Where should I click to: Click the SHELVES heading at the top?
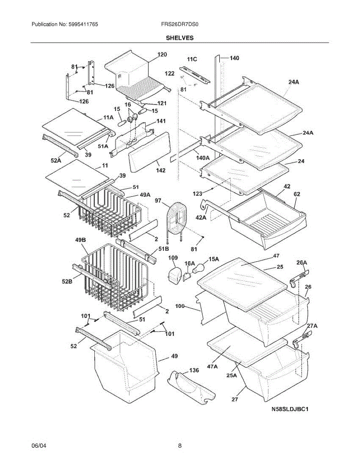click(x=180, y=38)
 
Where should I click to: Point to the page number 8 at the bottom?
click(x=180, y=446)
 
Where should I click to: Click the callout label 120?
click(x=162, y=55)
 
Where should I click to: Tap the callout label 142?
click(x=160, y=170)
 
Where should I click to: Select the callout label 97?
click(x=158, y=200)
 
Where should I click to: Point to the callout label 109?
click(x=173, y=258)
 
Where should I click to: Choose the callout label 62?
click(x=297, y=193)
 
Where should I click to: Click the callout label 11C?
click(x=192, y=59)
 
